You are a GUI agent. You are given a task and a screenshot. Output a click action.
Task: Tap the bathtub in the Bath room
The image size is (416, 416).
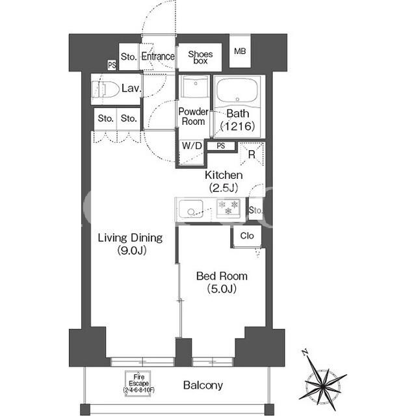click(x=237, y=91)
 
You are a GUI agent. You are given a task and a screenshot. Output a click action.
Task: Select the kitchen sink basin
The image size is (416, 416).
click(x=191, y=209)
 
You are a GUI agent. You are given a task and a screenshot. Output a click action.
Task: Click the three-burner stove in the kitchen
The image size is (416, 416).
click(x=228, y=208)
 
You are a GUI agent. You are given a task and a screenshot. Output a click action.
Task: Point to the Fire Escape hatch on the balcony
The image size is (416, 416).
click(x=138, y=383)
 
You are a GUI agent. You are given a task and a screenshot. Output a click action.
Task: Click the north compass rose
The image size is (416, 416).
click(x=322, y=381)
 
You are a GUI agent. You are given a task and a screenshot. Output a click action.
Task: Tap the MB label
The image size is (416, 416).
click(x=240, y=51)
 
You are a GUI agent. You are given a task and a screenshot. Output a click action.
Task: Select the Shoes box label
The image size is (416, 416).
click(x=200, y=57)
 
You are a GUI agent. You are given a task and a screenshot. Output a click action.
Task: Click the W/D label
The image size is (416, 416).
click(x=192, y=146)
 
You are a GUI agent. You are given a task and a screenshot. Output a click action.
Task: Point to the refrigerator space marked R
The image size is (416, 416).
click(x=252, y=154)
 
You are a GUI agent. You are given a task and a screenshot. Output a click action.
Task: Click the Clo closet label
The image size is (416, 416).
click(x=247, y=235)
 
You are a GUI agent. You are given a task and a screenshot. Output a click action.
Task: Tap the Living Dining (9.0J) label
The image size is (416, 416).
click(x=130, y=244)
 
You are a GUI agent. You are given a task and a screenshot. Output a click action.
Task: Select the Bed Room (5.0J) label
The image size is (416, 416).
click(x=222, y=282)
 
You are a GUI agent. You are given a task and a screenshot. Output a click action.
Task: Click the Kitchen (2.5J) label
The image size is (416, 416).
click(x=224, y=181)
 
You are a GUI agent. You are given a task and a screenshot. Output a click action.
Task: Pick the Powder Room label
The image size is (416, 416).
click(x=193, y=116)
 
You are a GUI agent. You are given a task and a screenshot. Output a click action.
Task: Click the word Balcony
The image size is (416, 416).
click(x=203, y=385)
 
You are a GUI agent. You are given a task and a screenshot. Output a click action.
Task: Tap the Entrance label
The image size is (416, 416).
click(x=158, y=57)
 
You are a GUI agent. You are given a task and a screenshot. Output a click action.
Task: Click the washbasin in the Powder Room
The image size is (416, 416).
click(x=195, y=86)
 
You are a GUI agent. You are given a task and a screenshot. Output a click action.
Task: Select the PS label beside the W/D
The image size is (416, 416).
click(x=221, y=146)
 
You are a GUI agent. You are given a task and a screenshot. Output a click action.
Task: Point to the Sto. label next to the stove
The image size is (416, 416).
click(x=255, y=211)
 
